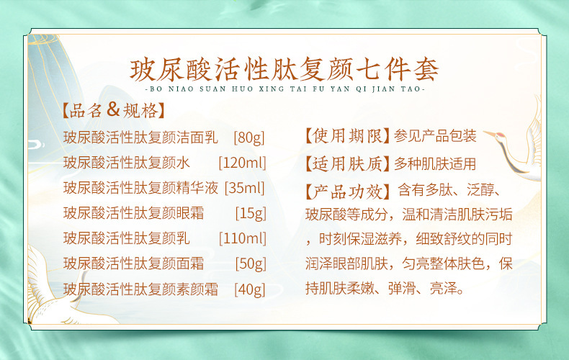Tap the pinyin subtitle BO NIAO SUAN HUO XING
click(284, 90)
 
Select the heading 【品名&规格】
click(112, 111)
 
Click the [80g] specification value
click(250, 137)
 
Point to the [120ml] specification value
click(242, 163)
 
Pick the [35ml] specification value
click(245, 188)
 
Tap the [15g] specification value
click(251, 213)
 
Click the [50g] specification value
click(250, 264)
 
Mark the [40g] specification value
click(250, 289)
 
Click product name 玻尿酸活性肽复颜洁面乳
click(140, 137)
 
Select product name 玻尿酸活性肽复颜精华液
click(140, 188)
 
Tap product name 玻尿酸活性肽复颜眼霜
click(133, 213)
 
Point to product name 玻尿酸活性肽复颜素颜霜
click(140, 289)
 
